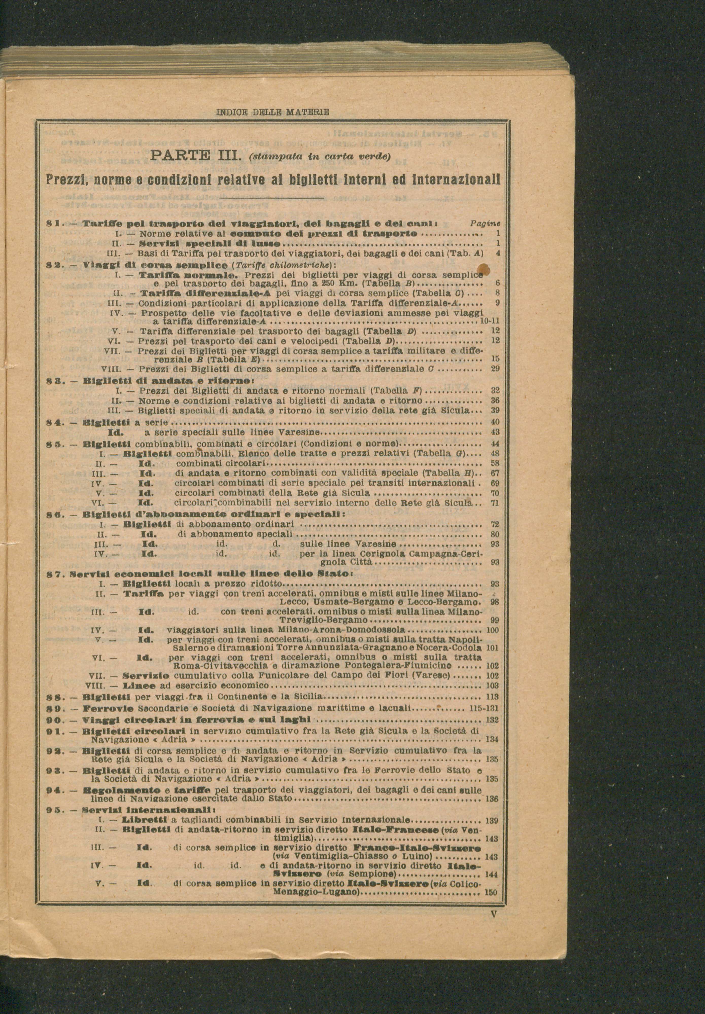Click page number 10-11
(x=489, y=322)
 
